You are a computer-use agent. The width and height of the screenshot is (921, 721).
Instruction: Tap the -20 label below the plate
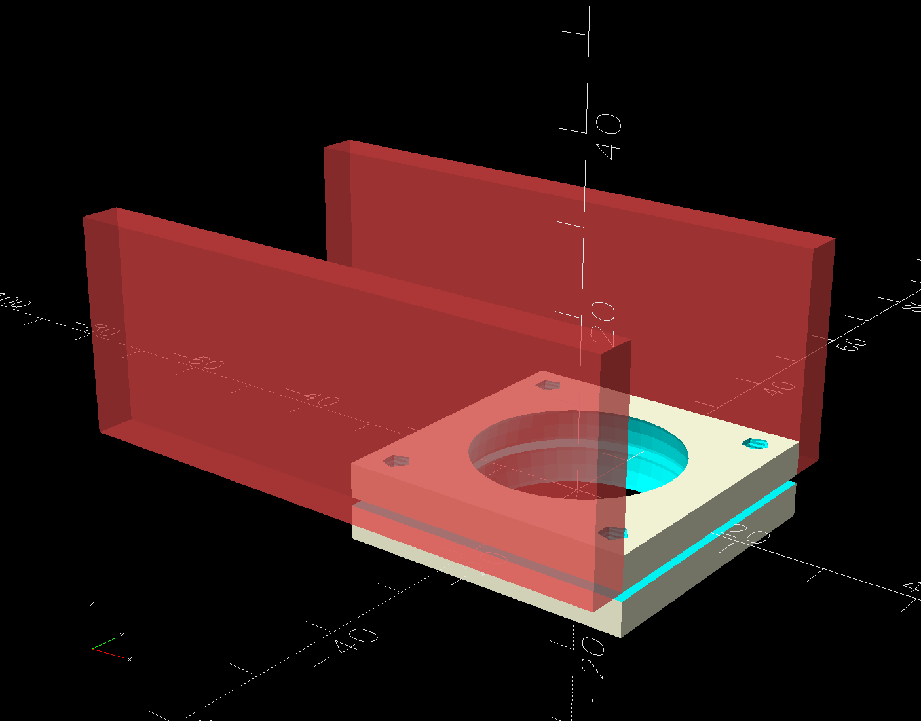(x=593, y=658)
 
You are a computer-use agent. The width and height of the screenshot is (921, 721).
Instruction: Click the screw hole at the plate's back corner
(x=548, y=385)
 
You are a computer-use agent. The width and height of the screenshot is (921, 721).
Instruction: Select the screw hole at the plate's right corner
(x=755, y=444)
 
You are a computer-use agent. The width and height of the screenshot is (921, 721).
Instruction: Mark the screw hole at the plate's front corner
(x=613, y=533)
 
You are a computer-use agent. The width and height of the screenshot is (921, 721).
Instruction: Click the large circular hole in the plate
(x=578, y=453)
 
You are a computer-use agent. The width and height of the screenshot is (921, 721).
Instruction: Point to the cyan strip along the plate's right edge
(x=707, y=538)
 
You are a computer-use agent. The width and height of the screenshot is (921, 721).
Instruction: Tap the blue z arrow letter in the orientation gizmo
(x=92, y=604)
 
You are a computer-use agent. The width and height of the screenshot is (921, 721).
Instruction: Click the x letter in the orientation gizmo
(x=130, y=659)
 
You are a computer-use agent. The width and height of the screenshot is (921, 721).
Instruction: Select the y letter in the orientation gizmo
(x=122, y=634)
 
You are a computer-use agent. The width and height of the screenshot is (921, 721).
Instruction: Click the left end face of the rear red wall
(x=338, y=203)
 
